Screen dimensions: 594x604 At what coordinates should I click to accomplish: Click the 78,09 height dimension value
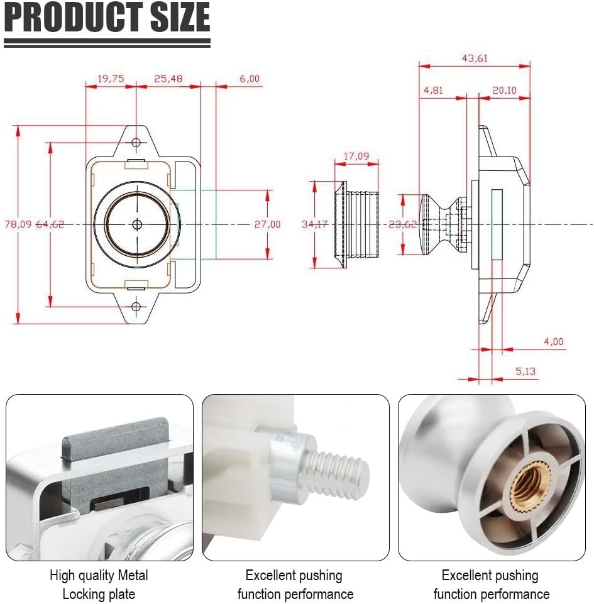click(x=18, y=224)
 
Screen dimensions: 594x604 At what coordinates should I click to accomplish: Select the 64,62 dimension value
click(x=50, y=224)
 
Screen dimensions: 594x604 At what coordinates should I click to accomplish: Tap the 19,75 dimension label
click(x=111, y=79)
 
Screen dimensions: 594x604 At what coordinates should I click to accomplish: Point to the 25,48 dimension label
click(x=168, y=79)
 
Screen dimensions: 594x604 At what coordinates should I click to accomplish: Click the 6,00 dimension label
click(x=250, y=79)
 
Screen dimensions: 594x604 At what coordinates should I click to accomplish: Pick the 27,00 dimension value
click(x=267, y=224)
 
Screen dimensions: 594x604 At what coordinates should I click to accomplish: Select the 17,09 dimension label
click(x=356, y=156)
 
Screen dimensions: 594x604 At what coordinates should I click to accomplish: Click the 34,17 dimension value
click(x=315, y=224)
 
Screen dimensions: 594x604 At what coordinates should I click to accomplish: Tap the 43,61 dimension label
click(x=475, y=58)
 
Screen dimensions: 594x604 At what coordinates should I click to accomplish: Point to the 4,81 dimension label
click(x=433, y=90)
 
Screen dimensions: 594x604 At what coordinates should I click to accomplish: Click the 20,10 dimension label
click(x=504, y=90)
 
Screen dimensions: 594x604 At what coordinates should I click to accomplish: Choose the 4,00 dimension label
click(x=554, y=341)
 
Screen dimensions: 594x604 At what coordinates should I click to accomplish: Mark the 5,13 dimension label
click(x=526, y=371)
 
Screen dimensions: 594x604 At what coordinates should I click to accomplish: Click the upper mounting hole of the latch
click(x=136, y=143)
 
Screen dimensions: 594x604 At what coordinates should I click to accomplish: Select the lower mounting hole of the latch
click(x=136, y=307)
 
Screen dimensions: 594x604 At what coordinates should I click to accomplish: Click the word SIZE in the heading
click(x=180, y=18)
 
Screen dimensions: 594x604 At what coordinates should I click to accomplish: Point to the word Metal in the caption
click(x=133, y=575)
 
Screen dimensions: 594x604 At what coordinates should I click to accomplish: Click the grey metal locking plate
click(x=116, y=461)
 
